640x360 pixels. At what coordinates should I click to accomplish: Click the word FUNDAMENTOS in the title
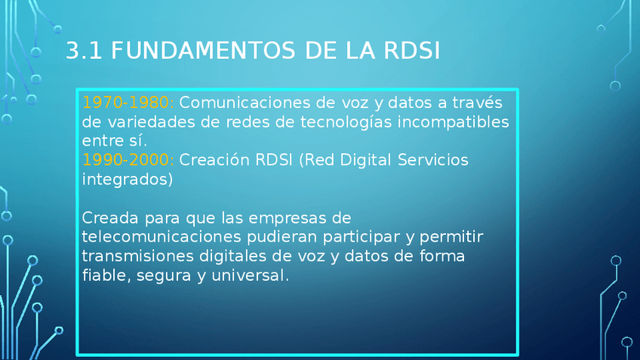pos(203,51)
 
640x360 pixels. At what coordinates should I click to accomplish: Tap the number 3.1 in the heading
pos(84,51)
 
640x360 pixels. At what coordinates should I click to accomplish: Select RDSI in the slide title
pos(411,51)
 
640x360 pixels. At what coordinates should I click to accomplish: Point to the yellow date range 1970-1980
pos(128,103)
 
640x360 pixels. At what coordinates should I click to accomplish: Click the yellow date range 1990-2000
pos(128,160)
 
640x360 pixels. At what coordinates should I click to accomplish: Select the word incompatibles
pos(453,122)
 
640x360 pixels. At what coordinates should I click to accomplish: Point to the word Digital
pos(366,160)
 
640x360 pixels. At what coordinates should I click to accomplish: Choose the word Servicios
pos(432,160)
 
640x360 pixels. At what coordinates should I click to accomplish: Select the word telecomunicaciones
pos(162,237)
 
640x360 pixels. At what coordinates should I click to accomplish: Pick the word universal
pos(250,275)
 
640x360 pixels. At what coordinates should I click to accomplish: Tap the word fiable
pos(106,275)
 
